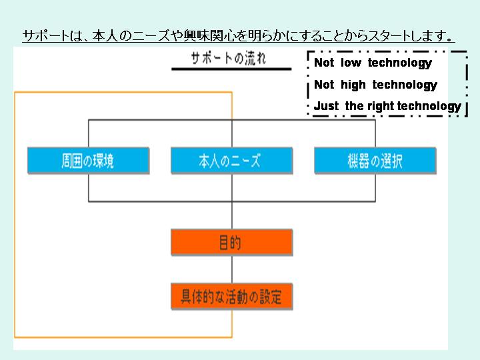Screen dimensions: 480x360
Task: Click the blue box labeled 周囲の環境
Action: [89, 161]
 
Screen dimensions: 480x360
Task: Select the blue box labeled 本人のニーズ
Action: [232, 161]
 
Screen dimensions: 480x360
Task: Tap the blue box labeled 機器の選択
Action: [375, 161]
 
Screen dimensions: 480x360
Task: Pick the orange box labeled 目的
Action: [232, 242]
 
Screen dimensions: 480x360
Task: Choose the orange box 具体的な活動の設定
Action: [232, 297]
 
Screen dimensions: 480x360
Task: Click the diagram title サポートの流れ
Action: [229, 58]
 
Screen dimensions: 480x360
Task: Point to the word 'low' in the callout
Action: [351, 63]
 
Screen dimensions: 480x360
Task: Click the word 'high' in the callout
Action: [353, 85]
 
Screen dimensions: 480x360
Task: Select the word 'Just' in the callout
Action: [326, 106]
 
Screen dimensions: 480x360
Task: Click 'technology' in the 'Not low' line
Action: [400, 63]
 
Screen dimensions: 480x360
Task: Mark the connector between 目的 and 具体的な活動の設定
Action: [232, 269]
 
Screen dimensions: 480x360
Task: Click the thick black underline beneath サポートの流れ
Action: [231, 69]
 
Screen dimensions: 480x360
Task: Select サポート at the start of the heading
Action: [46, 36]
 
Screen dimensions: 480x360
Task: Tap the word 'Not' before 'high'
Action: [324, 85]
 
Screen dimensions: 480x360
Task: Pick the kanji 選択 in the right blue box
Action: [391, 161]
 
